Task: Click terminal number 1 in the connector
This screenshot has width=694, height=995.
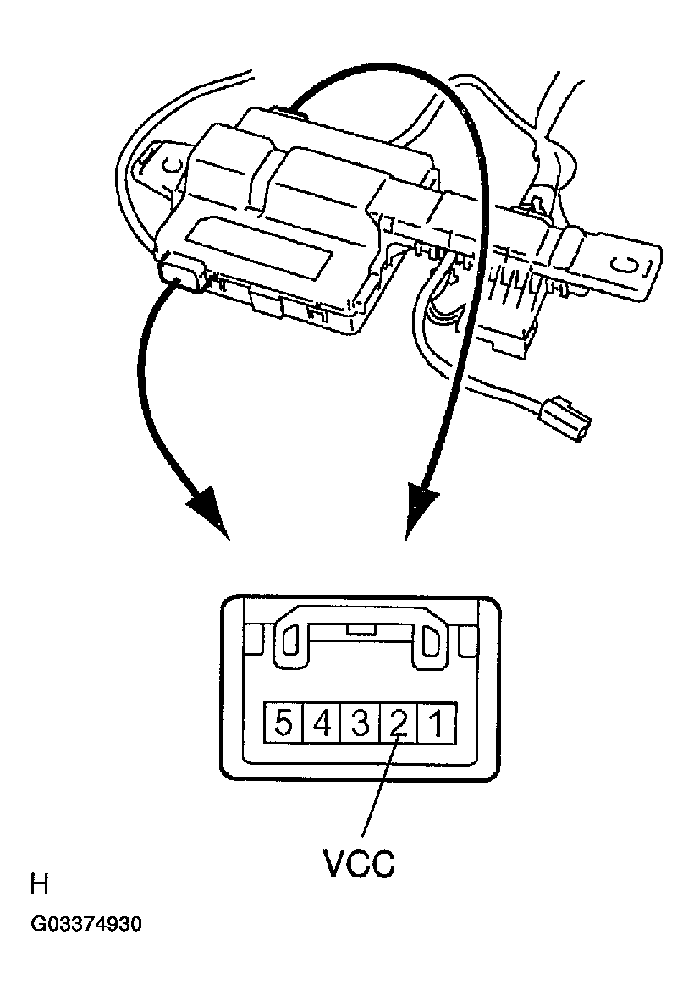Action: click(x=438, y=724)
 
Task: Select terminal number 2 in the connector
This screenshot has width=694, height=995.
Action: click(x=399, y=724)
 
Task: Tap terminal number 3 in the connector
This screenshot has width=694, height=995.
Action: click(x=360, y=724)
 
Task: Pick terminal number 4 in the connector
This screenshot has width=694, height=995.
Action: click(x=322, y=724)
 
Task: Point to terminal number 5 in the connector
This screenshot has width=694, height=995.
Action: click(x=284, y=724)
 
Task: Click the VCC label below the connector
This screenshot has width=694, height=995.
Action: click(x=359, y=865)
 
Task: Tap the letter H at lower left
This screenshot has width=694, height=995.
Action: click(x=39, y=885)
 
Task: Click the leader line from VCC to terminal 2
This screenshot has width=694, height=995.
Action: click(x=378, y=787)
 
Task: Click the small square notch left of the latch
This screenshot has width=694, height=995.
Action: click(x=251, y=643)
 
